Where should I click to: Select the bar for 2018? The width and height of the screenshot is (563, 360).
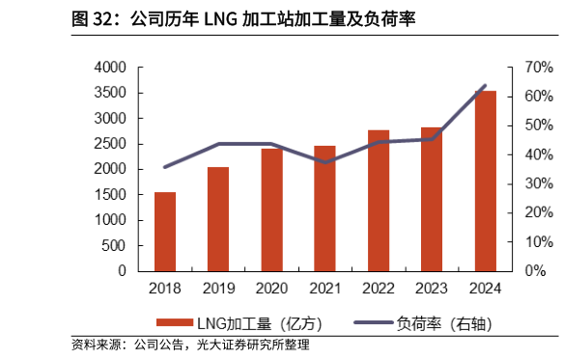pos(165,232)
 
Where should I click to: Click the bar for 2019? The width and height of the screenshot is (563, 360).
pos(218,219)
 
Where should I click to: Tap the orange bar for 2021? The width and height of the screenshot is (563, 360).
pos(325,208)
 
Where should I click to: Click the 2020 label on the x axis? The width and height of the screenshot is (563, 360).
pos(271,288)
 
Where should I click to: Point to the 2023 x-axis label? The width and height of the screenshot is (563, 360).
pos(432,288)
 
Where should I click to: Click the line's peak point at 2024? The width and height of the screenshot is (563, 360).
pos(485,86)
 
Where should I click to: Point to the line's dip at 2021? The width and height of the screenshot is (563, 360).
pos(325,162)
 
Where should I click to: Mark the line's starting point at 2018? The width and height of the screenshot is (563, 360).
pos(165,167)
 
